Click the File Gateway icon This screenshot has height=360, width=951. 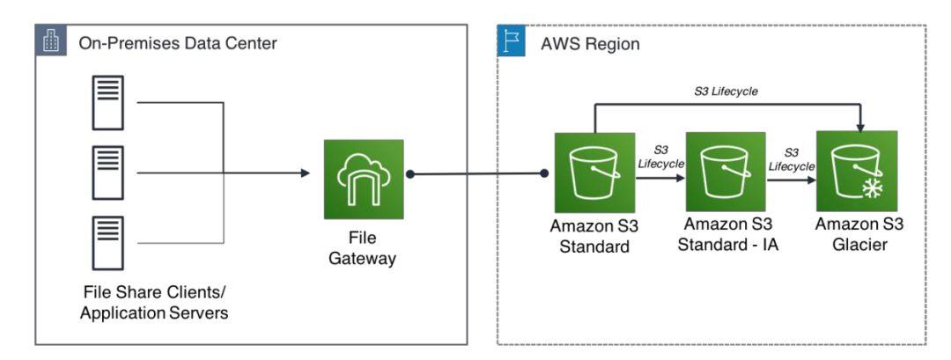coord(364,179)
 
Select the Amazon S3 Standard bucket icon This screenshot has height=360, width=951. coord(595,172)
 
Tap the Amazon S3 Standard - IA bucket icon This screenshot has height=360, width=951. coord(726,172)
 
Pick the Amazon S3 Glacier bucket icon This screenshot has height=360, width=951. coord(857,172)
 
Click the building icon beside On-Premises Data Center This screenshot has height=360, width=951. coord(49,40)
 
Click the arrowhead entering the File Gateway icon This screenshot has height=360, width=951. coord(306,173)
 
